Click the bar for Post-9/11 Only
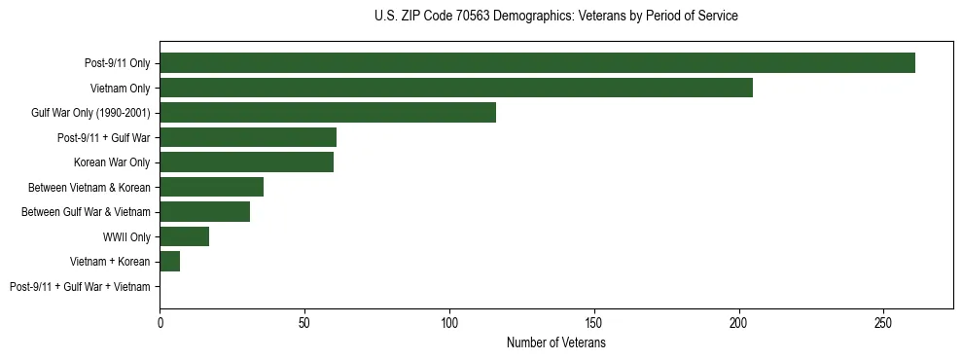[x=537, y=63]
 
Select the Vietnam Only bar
[x=455, y=88]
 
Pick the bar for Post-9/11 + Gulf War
[x=247, y=137]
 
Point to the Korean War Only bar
[x=246, y=162]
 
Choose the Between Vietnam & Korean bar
[x=211, y=187]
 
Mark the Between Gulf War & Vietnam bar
[x=204, y=212]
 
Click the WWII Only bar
[x=184, y=236]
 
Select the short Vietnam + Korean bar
[x=169, y=262]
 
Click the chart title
[x=555, y=17]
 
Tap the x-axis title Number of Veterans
[x=555, y=343]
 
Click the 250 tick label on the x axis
[x=883, y=321]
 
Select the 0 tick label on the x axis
[x=160, y=321]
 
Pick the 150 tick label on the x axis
[x=594, y=321]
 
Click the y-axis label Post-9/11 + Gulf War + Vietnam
[x=80, y=287]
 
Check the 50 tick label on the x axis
[x=304, y=321]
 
